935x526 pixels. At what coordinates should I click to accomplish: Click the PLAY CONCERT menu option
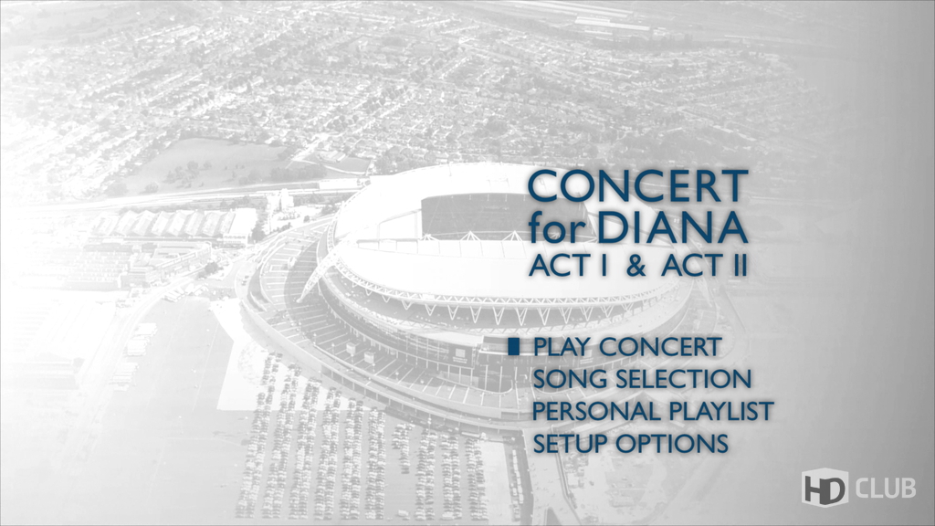pos(627,346)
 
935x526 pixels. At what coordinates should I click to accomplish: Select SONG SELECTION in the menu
pos(642,379)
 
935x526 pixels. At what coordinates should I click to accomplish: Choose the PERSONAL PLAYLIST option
pos(653,412)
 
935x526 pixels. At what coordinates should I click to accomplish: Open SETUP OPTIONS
pos(630,444)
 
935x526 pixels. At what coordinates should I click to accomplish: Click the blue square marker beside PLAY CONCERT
pos(514,346)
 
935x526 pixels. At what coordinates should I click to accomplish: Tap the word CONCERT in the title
pos(638,186)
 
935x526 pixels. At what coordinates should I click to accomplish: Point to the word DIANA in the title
pos(672,227)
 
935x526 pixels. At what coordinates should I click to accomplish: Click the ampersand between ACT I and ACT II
pos(636,267)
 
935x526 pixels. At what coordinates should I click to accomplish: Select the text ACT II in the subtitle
pos(704,267)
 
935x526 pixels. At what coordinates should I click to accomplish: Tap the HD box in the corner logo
pos(825,488)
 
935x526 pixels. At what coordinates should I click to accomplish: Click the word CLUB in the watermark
pos(886,488)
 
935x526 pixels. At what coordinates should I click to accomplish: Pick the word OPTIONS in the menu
pos(672,444)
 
